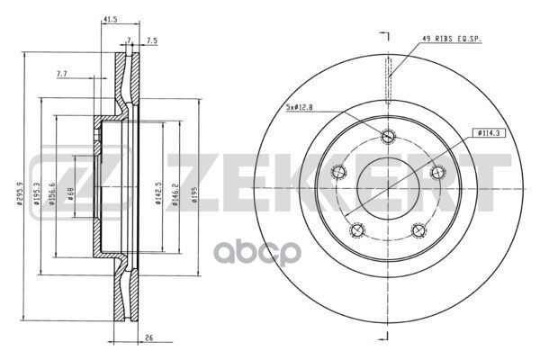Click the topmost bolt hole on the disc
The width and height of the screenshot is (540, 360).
[x=388, y=137]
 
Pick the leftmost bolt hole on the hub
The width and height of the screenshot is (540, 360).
[x=340, y=173]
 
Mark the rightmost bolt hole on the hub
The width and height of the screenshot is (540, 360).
[x=436, y=173]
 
